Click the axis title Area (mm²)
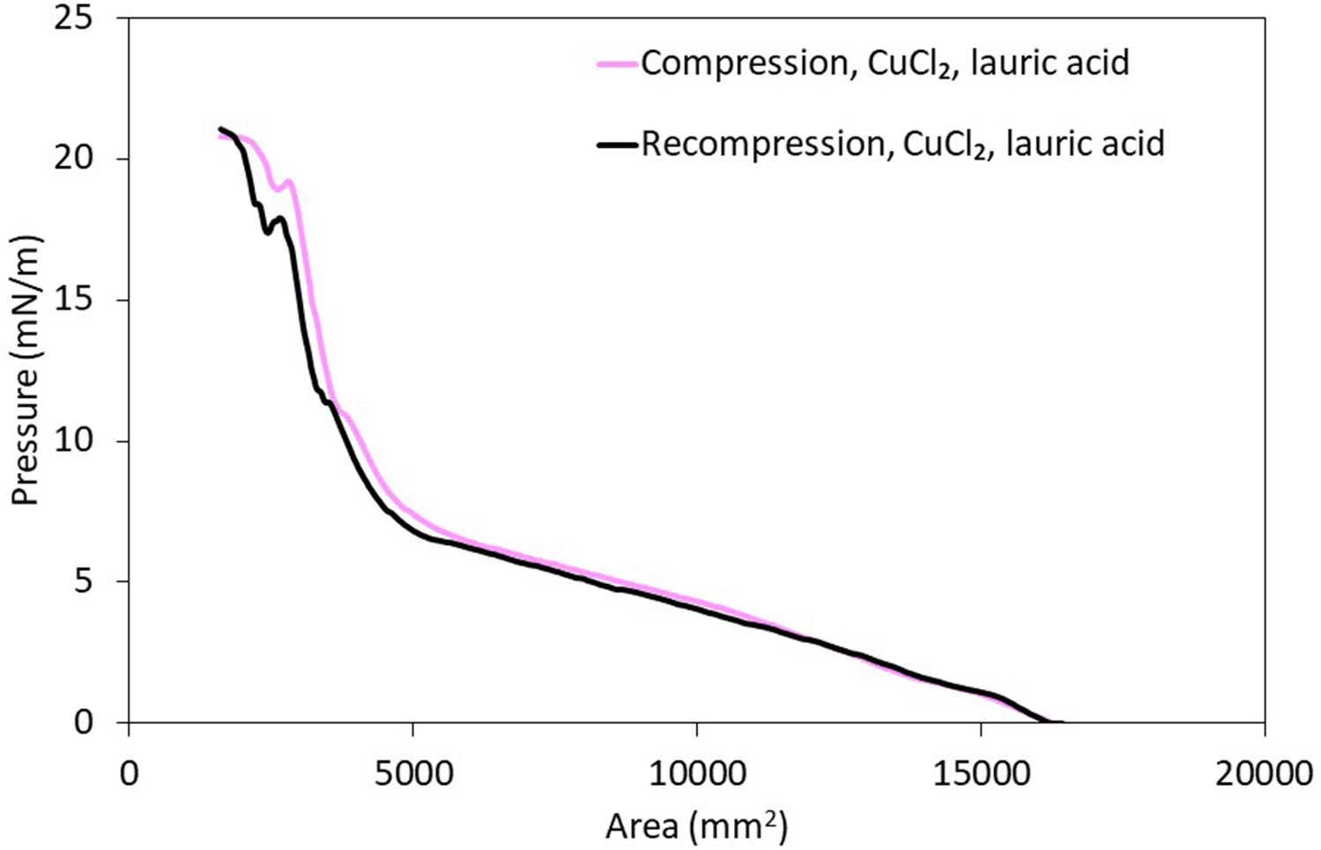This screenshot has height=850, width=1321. [696, 825]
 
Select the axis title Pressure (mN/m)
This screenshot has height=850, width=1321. [27, 370]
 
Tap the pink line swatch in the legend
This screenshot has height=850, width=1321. [616, 63]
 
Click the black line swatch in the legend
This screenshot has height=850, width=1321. [616, 144]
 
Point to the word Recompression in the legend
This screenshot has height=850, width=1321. [761, 144]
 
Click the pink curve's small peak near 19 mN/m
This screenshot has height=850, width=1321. [288, 181]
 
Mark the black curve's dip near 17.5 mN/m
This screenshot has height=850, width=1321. [267, 233]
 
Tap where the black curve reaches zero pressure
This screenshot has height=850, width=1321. [1049, 722]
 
